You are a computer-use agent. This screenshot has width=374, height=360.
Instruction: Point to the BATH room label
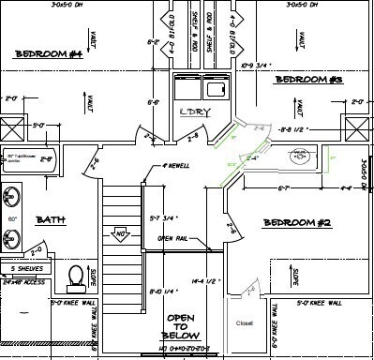coord(50,220)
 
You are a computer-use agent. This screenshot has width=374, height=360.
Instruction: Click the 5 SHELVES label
coord(22,268)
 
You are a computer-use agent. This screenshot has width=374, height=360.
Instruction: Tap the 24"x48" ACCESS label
coord(23,279)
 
